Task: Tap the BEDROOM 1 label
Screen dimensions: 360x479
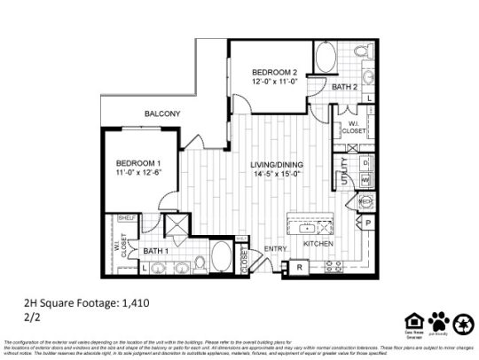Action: (139, 163)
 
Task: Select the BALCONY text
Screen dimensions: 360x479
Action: (163, 113)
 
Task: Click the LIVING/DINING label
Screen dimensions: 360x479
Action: (276, 165)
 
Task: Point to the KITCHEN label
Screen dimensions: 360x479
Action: (318, 243)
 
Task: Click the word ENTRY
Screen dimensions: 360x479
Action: (277, 249)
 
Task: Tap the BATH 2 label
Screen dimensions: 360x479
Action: (344, 87)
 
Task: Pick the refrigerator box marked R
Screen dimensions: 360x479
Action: (299, 266)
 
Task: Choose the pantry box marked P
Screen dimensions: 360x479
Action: (366, 223)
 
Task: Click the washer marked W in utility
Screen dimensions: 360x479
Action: (365, 180)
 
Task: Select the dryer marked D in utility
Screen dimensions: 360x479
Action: (365, 163)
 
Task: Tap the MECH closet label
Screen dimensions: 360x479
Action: (365, 202)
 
